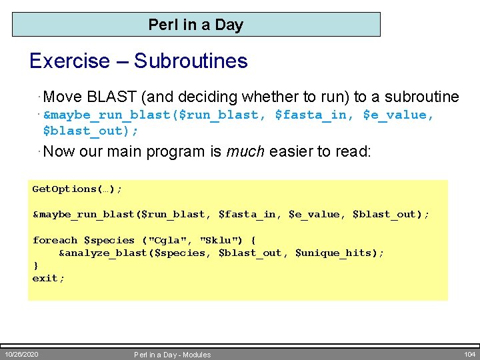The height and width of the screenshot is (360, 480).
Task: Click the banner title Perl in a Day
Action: pyautogui.click(x=195, y=25)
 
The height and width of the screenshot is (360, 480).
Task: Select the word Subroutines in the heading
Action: pyautogui.click(x=191, y=61)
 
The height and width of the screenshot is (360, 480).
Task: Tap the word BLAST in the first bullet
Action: pyautogui.click(x=109, y=97)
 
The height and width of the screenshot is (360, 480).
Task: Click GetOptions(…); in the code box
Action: pyautogui.click(x=77, y=189)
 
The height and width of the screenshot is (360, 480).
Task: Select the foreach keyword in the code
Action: pyautogui.click(x=55, y=240)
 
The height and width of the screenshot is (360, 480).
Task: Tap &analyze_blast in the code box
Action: pyautogui.click(x=99, y=253)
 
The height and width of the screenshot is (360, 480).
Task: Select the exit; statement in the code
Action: pyautogui.click(x=49, y=278)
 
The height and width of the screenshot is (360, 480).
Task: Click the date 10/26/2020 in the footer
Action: pyautogui.click(x=21, y=354)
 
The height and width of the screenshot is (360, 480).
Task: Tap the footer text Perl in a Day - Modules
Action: pyautogui.click(x=172, y=355)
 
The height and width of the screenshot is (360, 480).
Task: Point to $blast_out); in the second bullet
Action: pyautogui.click(x=91, y=131)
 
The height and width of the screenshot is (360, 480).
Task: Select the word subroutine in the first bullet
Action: pyautogui.click(x=417, y=97)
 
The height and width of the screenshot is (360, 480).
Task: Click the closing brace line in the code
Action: pyautogui.click(x=35, y=265)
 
